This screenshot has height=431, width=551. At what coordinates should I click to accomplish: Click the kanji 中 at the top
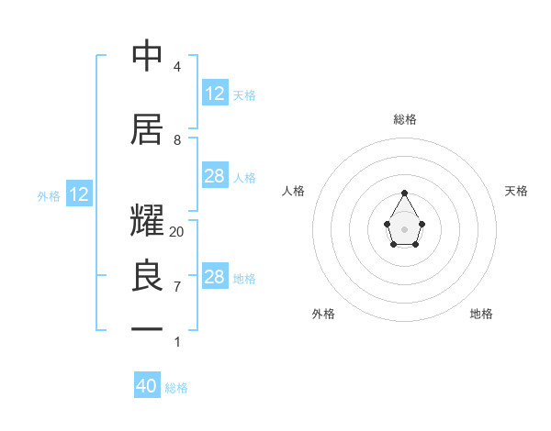pyautogui.click(x=148, y=56)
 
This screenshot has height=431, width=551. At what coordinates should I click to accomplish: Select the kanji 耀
pyautogui.click(x=148, y=223)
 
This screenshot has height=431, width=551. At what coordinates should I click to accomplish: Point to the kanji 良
pyautogui.click(x=148, y=276)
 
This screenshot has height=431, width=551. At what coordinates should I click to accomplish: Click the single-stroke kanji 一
pyautogui.click(x=148, y=327)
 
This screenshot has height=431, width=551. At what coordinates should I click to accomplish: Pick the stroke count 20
pyautogui.click(x=177, y=232)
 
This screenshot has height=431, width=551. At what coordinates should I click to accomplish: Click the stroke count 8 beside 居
pyautogui.click(x=177, y=140)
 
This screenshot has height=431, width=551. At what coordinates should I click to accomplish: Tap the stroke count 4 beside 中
pyautogui.click(x=177, y=67)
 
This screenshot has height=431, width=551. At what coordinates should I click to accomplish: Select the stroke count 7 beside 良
pyautogui.click(x=177, y=287)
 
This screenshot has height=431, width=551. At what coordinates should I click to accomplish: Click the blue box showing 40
pyautogui.click(x=147, y=386)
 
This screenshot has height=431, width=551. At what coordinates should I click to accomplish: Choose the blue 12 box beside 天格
pyautogui.click(x=215, y=94)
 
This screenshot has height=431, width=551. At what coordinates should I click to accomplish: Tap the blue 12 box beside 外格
pyautogui.click(x=79, y=194)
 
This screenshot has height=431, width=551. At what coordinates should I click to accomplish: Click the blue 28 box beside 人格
pyautogui.click(x=215, y=176)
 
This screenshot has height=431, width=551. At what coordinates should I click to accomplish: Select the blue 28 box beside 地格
pyautogui.click(x=215, y=277)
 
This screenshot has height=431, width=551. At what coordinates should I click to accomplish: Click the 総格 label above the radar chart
pyautogui.click(x=405, y=119)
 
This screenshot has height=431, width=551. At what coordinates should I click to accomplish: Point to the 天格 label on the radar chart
pyautogui.click(x=516, y=191)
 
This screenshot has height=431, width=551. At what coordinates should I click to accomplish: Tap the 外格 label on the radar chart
pyautogui.click(x=323, y=314)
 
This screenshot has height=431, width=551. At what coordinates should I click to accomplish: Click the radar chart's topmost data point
pyautogui.click(x=405, y=193)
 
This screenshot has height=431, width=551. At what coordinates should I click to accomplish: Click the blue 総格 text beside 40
pyautogui.click(x=176, y=388)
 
